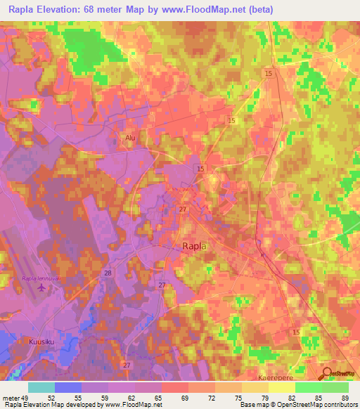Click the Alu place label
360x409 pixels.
coord(129,138)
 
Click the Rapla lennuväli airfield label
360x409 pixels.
coord(41,279)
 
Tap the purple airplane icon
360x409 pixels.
coord(42,288)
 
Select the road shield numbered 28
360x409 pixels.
coord(108,272)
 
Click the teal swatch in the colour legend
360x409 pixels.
coord(41,387)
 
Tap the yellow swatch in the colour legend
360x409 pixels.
coord(282,387)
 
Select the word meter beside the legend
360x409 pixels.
coord(9,397)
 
